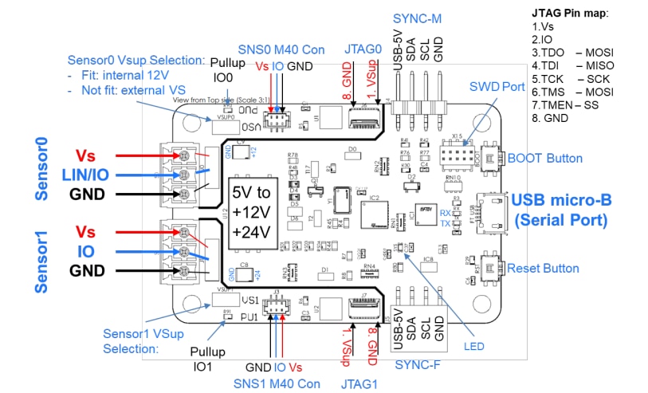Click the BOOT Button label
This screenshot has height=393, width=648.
pos(544,158)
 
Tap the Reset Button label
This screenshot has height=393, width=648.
pos(544,268)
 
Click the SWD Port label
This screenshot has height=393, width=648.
pos(497,85)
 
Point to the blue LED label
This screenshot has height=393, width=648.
pos(473,346)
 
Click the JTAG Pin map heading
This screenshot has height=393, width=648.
pos(570,13)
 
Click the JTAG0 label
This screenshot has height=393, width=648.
pos(362,47)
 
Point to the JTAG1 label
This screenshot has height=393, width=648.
pos(361,383)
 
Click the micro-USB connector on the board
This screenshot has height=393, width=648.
pos(489,214)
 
